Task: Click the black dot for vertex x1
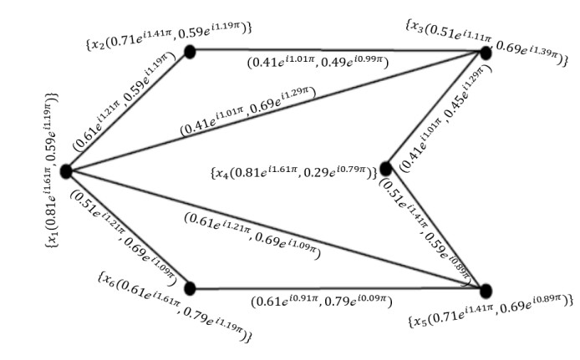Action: click(65, 170)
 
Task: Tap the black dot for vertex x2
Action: click(190, 52)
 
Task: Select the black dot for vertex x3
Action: click(485, 53)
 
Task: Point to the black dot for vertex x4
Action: click(385, 169)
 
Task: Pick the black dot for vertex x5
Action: click(486, 290)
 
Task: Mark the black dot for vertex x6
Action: click(190, 288)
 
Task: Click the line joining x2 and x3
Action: click(334, 51)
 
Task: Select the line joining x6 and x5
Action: click(334, 289)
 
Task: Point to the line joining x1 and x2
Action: click(125, 113)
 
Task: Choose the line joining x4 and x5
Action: click(435, 229)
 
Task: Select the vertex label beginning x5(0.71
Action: click(489, 321)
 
